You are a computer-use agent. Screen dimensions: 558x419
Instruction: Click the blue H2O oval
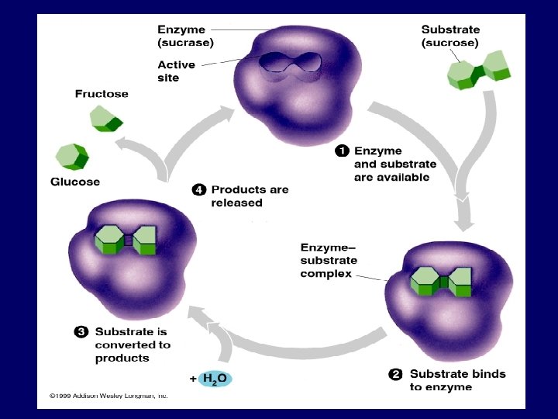215,379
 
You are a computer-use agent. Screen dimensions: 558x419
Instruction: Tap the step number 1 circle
341,150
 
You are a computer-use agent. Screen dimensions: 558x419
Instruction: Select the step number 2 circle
395,374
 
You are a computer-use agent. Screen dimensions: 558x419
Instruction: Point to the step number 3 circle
81,331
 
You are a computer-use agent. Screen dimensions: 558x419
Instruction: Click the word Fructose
102,94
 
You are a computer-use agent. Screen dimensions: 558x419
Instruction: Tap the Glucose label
75,182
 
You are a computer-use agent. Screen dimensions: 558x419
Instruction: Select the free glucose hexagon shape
71,154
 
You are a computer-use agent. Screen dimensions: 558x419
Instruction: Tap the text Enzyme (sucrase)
186,36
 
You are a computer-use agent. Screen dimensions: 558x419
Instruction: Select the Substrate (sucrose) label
449,36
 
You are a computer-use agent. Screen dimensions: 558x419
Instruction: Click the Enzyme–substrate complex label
328,260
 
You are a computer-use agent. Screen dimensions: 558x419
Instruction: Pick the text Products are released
250,196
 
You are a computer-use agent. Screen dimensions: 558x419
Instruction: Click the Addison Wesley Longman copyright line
108,395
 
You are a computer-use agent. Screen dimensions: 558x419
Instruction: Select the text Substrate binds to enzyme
457,380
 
